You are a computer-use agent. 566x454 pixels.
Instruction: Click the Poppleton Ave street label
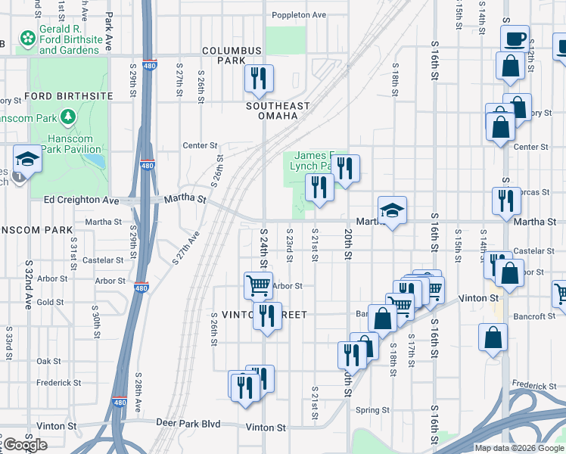[x=300, y=14]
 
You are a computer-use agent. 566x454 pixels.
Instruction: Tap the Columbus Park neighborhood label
[x=232, y=55]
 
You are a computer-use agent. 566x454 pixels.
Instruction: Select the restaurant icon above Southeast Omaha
[x=259, y=79]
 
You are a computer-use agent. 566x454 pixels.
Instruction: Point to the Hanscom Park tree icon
[x=70, y=117]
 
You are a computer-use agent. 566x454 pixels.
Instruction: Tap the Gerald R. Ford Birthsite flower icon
[x=28, y=37]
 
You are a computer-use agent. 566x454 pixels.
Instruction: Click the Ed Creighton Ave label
[x=82, y=201]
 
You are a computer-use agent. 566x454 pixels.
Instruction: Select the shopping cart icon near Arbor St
[x=258, y=286]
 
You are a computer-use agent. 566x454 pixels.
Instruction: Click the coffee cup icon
[x=515, y=39]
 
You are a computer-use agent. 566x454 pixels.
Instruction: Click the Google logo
[x=25, y=445]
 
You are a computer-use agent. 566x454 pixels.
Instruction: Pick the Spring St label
[x=375, y=411]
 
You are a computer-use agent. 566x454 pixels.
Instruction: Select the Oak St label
[x=48, y=362]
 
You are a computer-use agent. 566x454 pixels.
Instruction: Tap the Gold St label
[x=50, y=302]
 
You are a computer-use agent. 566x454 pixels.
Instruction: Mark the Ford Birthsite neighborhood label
[x=69, y=96]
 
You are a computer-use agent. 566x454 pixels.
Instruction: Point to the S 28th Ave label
[x=138, y=392]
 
